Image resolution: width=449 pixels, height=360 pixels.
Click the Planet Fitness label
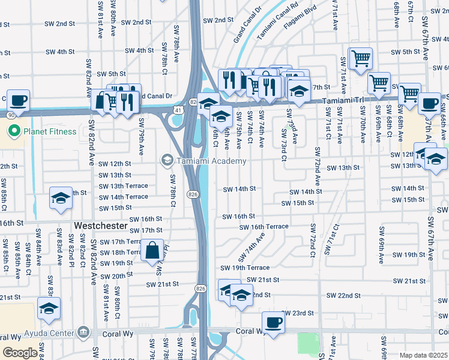tap(50, 131)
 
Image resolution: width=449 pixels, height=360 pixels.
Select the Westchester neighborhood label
tap(101, 226)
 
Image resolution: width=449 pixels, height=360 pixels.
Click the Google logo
tap(20, 353)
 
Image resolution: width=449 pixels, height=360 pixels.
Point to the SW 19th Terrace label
tap(245, 268)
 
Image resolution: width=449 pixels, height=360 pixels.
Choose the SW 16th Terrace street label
tap(264, 227)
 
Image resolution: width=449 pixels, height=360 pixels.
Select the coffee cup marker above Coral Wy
tap(273, 321)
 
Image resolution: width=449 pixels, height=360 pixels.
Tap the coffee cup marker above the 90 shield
tap(18, 100)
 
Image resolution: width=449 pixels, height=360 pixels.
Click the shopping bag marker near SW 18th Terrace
tap(152, 249)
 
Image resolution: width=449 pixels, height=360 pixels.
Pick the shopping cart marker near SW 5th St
tap(360, 59)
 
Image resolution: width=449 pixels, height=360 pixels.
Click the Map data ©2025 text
tap(423, 355)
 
